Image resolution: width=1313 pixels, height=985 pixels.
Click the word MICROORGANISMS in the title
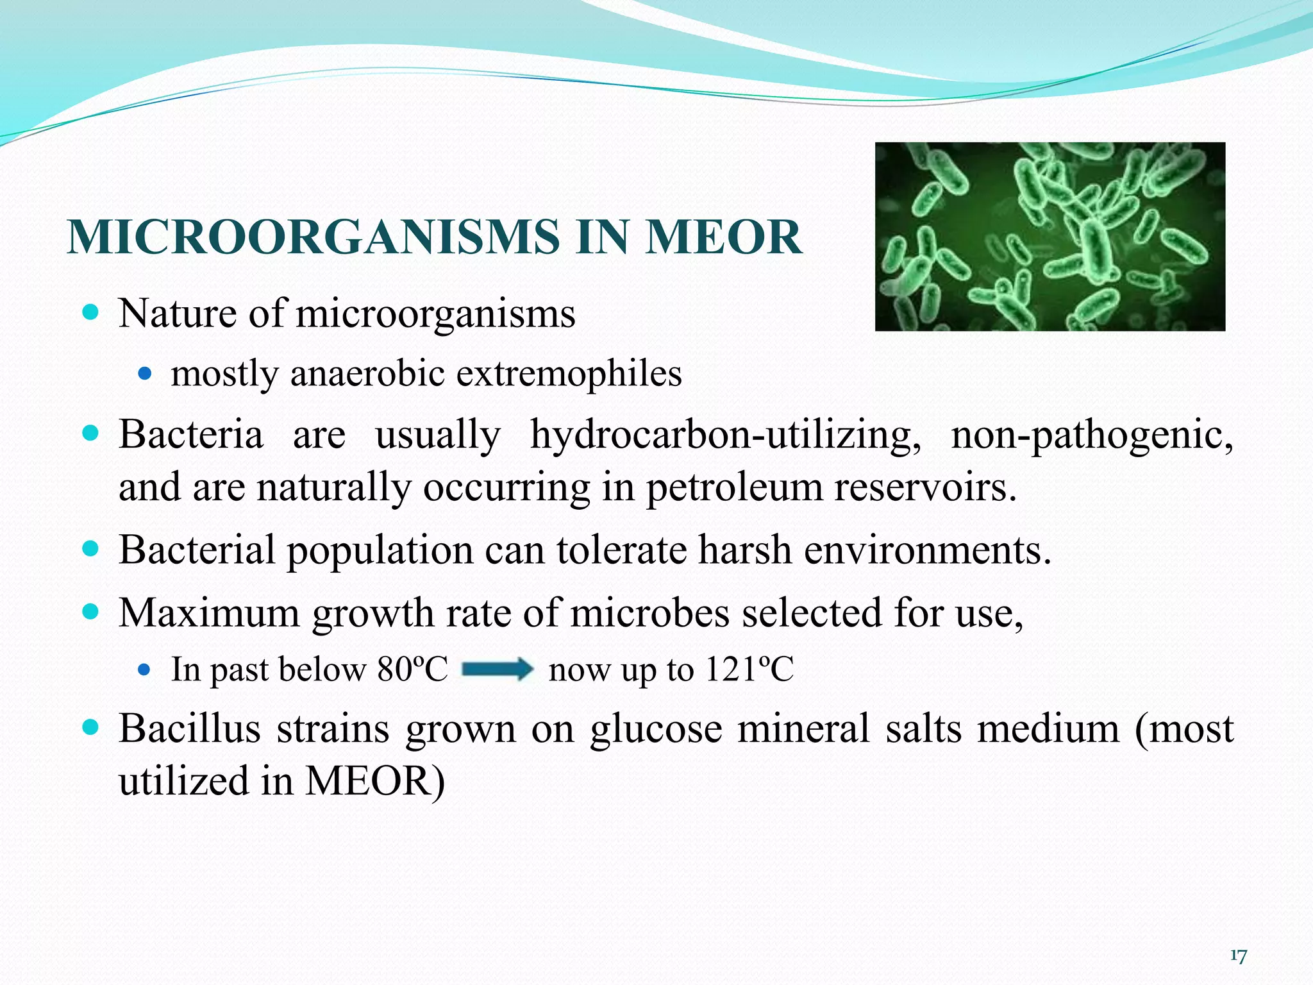coord(313,237)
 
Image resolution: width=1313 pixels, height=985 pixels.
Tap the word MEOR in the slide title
coord(724,237)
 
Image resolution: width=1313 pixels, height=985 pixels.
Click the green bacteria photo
coord(1050,237)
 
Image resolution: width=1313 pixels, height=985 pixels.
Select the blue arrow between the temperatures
coord(498,669)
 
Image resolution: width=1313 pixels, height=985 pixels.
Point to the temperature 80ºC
coord(412,669)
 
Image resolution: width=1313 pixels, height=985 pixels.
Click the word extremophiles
coord(569,373)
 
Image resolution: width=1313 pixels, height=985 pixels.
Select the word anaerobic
coord(367,373)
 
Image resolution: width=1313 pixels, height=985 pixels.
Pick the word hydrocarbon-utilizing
coord(726,435)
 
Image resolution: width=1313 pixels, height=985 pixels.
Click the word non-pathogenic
coord(1092,435)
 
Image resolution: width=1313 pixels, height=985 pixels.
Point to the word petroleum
coord(733,487)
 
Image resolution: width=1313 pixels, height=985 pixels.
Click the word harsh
coord(744,550)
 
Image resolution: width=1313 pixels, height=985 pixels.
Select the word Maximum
coord(209,613)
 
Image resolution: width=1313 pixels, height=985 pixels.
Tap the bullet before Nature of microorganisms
coord(91,313)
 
